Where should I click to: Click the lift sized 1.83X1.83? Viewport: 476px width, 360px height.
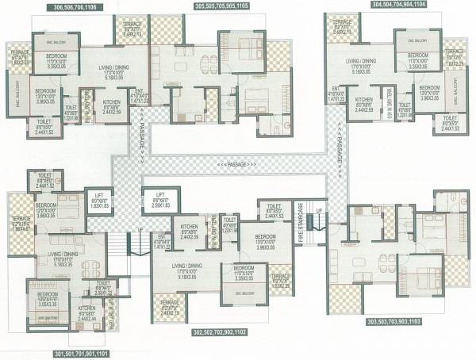pos(100,201)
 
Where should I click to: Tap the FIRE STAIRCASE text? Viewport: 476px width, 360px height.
pos(301,224)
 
